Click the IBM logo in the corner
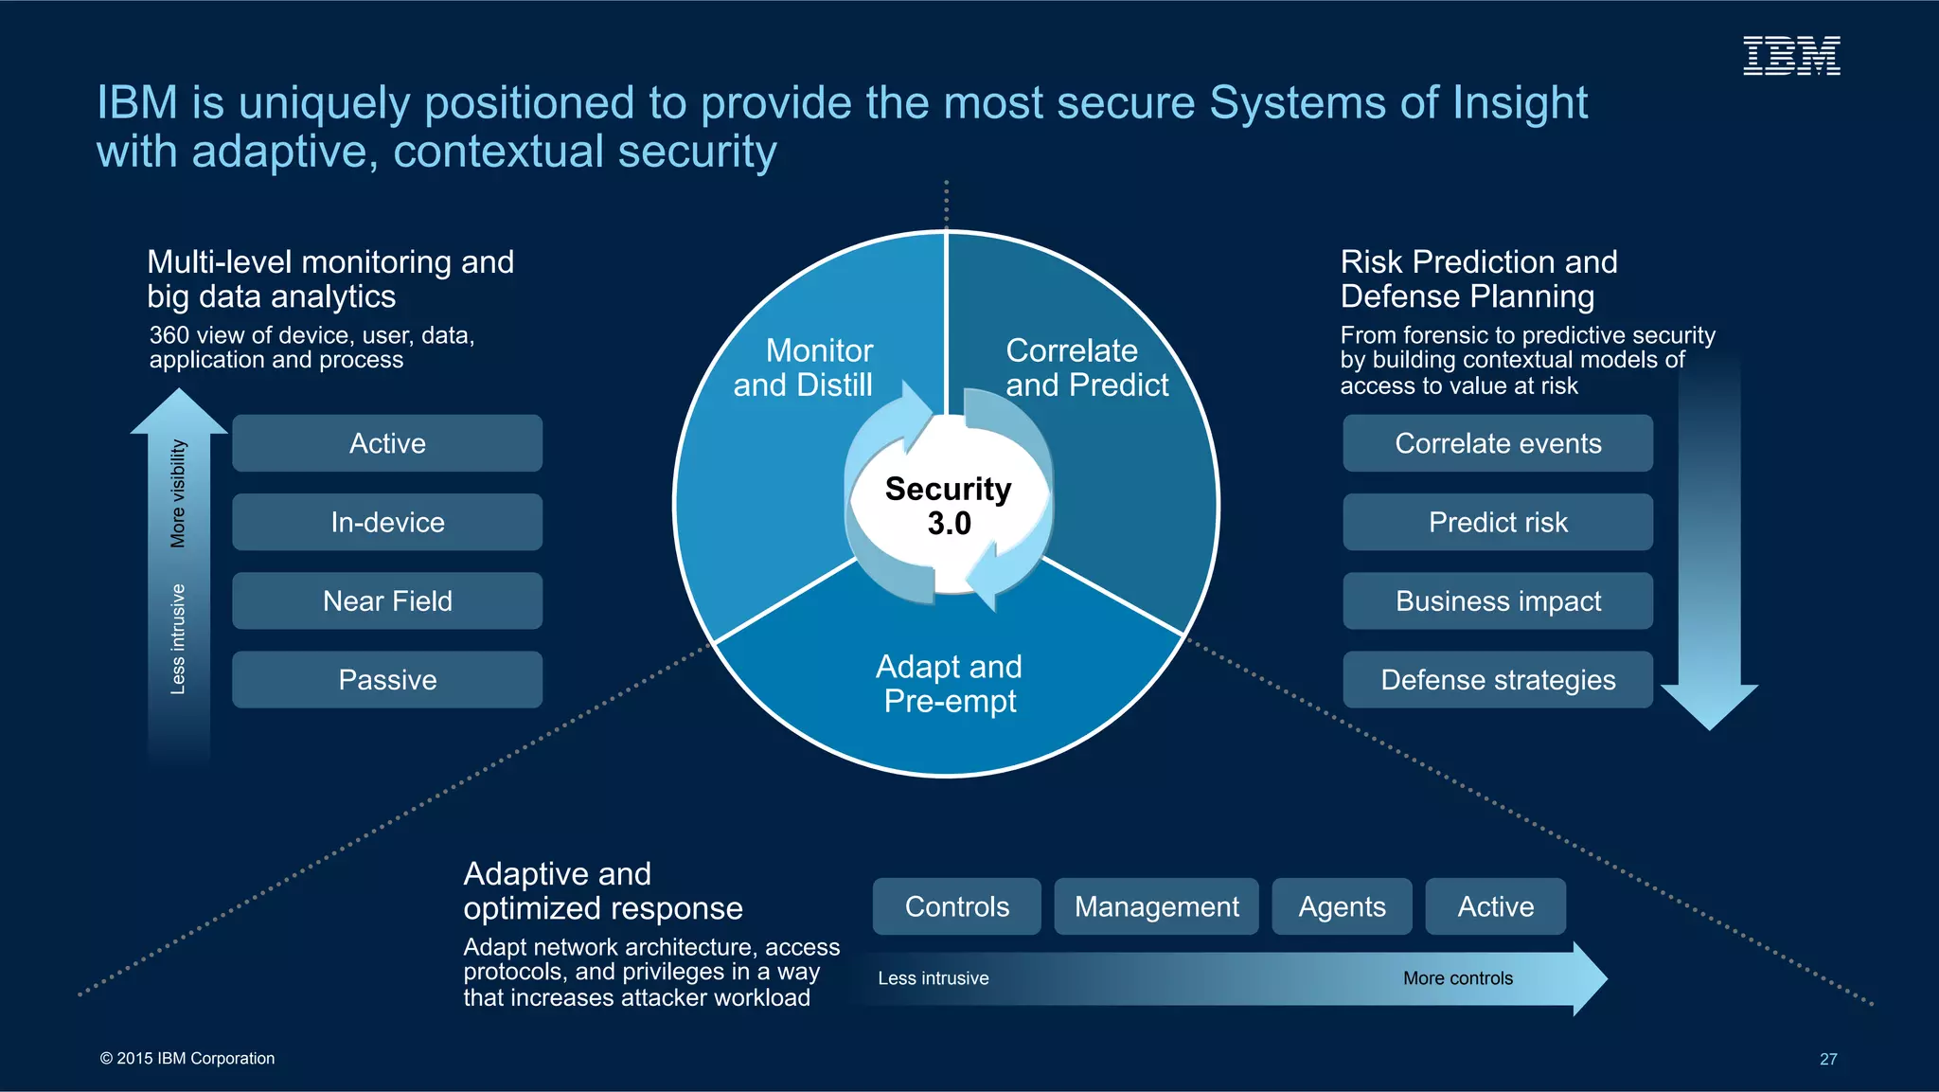pyautogui.click(x=1790, y=56)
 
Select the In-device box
pyautogui.click(x=387, y=522)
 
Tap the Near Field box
pyautogui.click(x=387, y=600)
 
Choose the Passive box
pyautogui.click(x=387, y=679)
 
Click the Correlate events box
pyautogui.click(x=1497, y=443)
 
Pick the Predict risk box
pyautogui.click(x=1497, y=522)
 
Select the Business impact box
pyautogui.click(x=1497, y=600)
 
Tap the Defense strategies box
pyautogui.click(x=1497, y=679)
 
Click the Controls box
pyautogui.click(x=956, y=906)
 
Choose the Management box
pyautogui.click(x=1156, y=906)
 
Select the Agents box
pyautogui.click(x=1342, y=906)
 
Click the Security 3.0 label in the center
pyautogui.click(x=948, y=506)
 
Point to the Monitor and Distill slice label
pyautogui.click(x=804, y=367)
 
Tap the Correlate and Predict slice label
pyautogui.click(x=1086, y=367)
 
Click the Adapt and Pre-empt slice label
pyautogui.click(x=949, y=684)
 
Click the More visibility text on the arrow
pyautogui.click(x=178, y=493)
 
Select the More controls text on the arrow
pyautogui.click(x=1457, y=978)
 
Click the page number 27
pyautogui.click(x=1827, y=1059)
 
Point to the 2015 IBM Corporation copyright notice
pyautogui.click(x=187, y=1058)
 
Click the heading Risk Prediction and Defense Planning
pyautogui.click(x=1478, y=278)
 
